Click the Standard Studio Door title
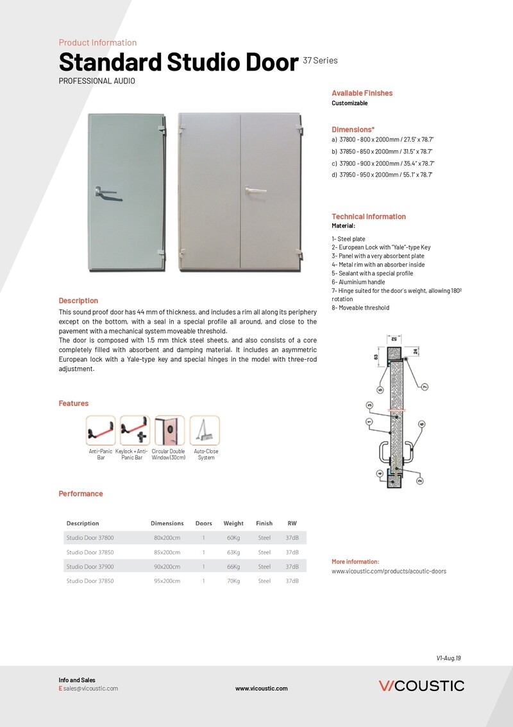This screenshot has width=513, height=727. click(x=178, y=63)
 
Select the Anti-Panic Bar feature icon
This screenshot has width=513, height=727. click(x=101, y=430)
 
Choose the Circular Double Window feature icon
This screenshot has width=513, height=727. click(x=169, y=430)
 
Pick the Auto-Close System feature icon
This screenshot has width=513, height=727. click(x=205, y=430)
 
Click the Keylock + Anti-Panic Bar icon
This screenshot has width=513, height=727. click(x=135, y=430)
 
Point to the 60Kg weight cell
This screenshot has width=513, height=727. click(x=233, y=538)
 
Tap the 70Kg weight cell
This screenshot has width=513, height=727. click(x=233, y=581)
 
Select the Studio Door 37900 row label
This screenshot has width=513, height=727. click(x=90, y=567)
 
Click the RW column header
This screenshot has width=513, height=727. click(x=292, y=523)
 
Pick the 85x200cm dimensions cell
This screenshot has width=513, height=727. click(x=167, y=552)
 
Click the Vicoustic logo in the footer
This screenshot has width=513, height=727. click(x=421, y=686)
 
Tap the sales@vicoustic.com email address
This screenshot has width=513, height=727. click(x=90, y=688)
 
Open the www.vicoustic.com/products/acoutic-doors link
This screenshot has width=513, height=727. click(x=389, y=571)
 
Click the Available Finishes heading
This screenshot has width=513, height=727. click(x=362, y=93)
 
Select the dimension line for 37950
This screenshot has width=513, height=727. click(x=383, y=175)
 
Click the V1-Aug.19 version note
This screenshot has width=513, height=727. click(x=449, y=658)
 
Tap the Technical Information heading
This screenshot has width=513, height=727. click(x=369, y=216)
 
